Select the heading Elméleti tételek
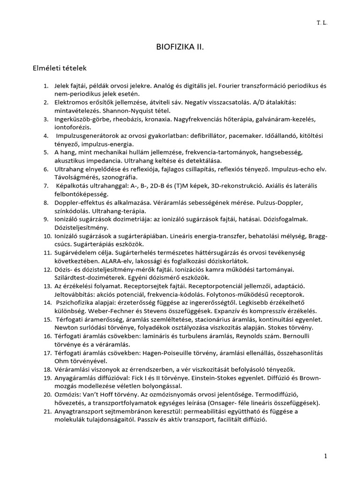tap(55, 68)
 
